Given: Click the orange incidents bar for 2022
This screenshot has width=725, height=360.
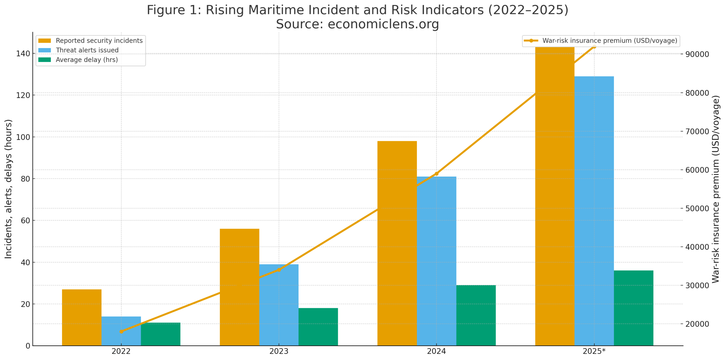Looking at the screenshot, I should point(82,317).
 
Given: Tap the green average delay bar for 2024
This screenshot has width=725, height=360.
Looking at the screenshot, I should point(476,315).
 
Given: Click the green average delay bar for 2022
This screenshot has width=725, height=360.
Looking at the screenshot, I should point(161,334).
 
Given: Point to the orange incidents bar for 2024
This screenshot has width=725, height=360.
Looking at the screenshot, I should point(397,243).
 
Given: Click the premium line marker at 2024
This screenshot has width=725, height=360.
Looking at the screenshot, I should point(436,173).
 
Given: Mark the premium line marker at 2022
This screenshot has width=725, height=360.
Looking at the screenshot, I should point(121,331).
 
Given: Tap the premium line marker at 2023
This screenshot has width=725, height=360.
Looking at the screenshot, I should point(279,270).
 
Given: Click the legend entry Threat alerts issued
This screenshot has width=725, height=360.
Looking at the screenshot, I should point(87,50).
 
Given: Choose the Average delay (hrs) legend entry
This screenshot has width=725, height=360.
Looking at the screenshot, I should point(86,60).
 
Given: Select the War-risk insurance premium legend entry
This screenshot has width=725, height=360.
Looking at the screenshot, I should point(609,41).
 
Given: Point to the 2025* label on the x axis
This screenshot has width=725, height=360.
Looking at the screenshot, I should point(594,351).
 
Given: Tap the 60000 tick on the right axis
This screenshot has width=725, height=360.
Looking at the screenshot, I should point(697,170).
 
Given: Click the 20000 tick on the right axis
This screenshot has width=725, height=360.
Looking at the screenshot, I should point(697,324).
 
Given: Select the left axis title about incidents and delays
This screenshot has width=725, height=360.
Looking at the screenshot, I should point(8,189).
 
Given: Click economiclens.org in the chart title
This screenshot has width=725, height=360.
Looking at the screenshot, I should point(383,24).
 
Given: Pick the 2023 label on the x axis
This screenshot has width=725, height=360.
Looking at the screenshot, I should point(279,351).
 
